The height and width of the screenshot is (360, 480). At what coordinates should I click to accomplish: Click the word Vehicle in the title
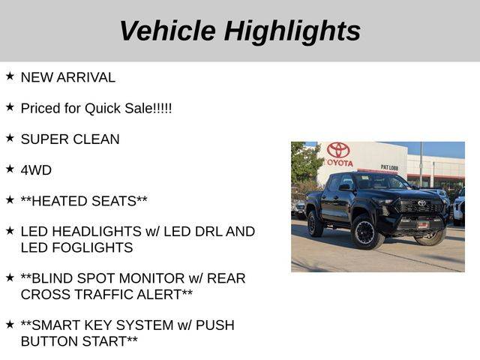[167, 30]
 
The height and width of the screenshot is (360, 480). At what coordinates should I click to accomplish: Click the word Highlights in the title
[292, 31]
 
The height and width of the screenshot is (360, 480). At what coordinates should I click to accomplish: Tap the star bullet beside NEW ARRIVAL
[10, 76]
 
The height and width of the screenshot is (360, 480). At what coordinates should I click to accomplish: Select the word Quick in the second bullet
[103, 108]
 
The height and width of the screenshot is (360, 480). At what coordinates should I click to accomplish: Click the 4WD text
[36, 170]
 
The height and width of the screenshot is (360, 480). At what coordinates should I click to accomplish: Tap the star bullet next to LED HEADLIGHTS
[10, 230]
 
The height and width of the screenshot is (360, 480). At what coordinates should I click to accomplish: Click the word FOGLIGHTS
[92, 247]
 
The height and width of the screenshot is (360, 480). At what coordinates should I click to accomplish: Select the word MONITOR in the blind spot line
[151, 278]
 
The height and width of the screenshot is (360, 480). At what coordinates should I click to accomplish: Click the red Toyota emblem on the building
[338, 150]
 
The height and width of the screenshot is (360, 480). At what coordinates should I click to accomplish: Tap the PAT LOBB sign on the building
[389, 167]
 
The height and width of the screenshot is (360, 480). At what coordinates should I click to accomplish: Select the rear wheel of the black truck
[314, 223]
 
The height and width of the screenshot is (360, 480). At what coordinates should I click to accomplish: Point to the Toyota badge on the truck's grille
[421, 203]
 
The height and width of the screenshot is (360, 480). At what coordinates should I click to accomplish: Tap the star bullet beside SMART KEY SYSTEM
[10, 324]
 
